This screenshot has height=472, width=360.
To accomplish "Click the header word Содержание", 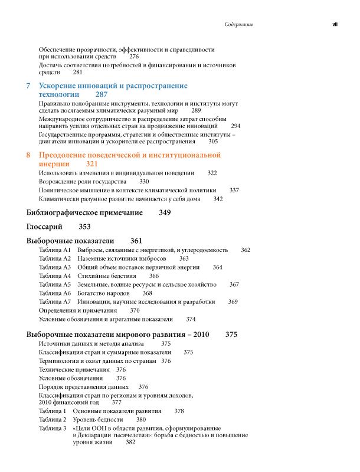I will (x=239, y=25).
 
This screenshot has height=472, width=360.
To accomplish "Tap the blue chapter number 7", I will (x=29, y=86).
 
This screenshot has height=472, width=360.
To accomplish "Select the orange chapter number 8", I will (x=29, y=155).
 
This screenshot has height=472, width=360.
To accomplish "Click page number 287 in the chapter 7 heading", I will (x=101, y=94).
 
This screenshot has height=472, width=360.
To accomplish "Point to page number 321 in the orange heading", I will (x=91, y=163).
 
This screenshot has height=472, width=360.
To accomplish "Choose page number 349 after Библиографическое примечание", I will (x=165, y=212).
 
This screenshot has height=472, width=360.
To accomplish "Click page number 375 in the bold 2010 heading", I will (x=231, y=335).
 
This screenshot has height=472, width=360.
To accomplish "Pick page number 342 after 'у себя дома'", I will (x=218, y=199).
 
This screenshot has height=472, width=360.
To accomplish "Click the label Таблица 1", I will (x=53, y=411).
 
